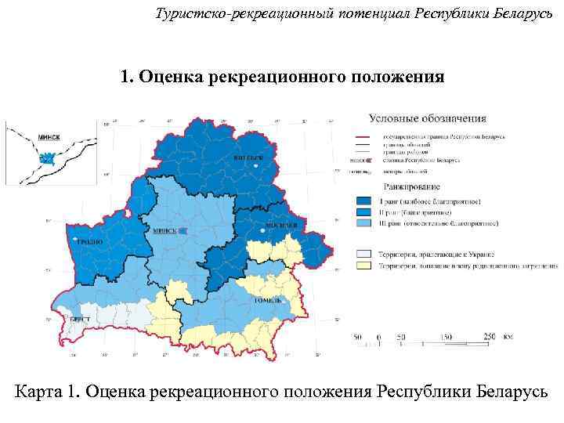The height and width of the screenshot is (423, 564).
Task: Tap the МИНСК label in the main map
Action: click(x=165, y=232)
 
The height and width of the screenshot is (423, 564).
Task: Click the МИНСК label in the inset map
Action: click(x=49, y=136)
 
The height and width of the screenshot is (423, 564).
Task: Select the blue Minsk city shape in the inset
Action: click(x=45, y=159)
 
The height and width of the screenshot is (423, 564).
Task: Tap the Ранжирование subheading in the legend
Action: click(x=410, y=187)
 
